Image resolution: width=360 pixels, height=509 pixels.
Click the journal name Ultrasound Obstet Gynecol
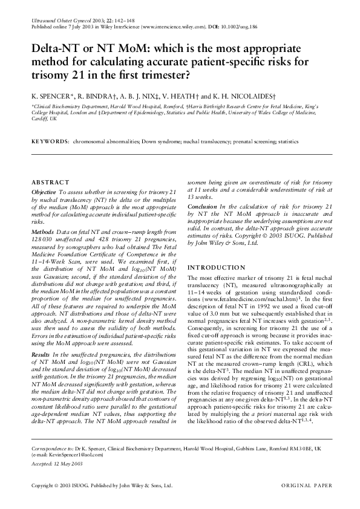coord(55,21)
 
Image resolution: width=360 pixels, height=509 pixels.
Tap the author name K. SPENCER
coord(51,96)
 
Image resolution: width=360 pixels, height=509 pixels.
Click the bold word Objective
coord(44,192)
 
